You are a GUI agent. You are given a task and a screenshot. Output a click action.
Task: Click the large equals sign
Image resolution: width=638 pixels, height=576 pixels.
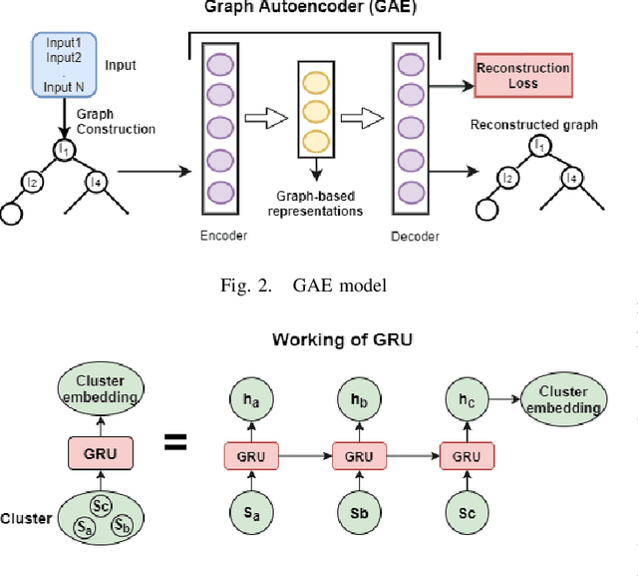click(x=175, y=440)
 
